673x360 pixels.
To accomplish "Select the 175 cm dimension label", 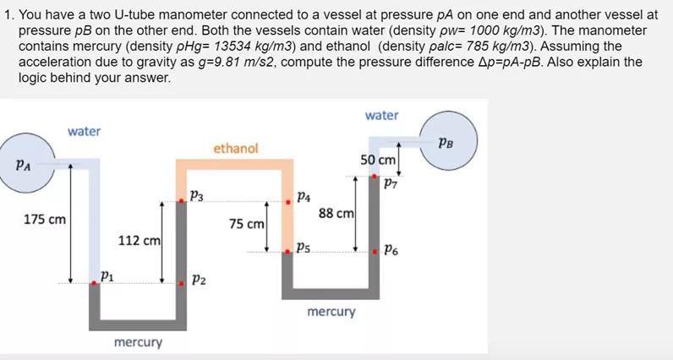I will point(45,220).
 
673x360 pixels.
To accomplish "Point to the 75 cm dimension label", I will point(247,225).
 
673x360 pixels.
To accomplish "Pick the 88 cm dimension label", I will point(336,214).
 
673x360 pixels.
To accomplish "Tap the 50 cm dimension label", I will point(378,161).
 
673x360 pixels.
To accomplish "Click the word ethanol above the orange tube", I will point(235,149).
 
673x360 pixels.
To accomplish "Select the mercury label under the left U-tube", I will point(138,342).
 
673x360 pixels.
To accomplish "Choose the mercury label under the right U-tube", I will point(331,312).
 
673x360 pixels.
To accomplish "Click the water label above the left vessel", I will point(84,131).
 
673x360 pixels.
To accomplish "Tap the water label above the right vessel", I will point(381,115).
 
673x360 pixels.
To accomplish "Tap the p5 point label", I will point(302,248).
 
